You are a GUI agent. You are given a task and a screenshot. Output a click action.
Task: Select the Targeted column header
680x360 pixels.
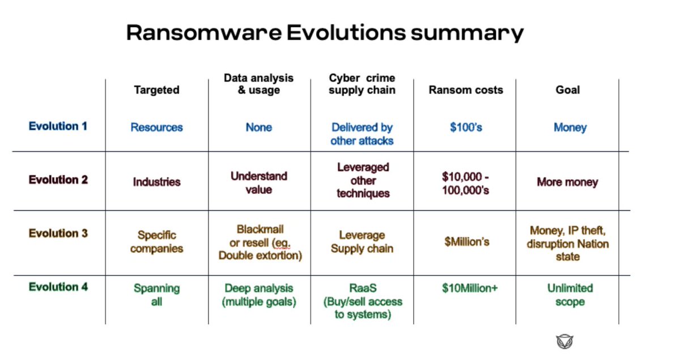pos(156,90)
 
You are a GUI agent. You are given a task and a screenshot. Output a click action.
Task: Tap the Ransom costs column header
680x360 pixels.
pos(466,90)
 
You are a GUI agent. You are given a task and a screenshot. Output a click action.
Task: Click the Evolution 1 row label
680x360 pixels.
pos(58,126)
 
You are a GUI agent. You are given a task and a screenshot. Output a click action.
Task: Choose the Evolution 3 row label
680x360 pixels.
pos(58,233)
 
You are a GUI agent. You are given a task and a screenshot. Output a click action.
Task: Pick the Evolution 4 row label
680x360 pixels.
pos(58,287)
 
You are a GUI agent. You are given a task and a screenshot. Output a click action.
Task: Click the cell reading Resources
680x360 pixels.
pos(156,128)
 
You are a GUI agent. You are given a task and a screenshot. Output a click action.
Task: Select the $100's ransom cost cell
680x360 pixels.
pos(466,128)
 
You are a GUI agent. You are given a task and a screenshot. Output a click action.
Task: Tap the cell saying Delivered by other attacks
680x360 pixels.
pos(362,134)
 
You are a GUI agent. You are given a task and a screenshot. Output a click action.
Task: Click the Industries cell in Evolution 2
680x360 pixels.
pos(156,182)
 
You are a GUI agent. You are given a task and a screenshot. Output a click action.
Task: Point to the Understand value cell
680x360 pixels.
pos(259,183)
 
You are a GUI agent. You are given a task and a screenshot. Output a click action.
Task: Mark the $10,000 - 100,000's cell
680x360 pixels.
pos(466,183)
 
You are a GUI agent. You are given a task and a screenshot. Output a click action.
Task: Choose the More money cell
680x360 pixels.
pos(567,183)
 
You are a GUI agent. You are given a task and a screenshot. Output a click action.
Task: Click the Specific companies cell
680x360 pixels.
pos(156,242)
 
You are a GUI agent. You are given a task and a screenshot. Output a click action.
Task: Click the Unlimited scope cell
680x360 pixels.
pos(569,295)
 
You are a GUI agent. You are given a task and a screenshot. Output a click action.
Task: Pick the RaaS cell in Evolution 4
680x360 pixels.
pos(362,301)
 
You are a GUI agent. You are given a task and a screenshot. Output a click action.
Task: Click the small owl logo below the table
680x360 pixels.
pos(564,341)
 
